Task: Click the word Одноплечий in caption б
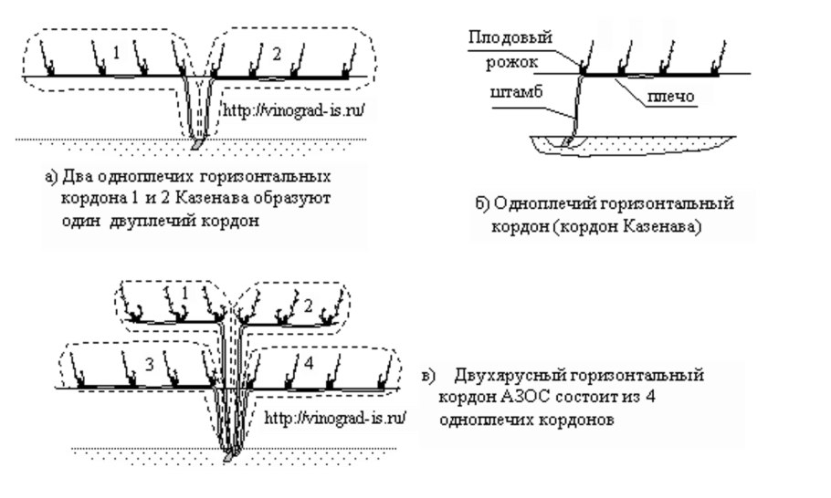tap(531, 202)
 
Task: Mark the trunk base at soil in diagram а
tap(198, 143)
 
